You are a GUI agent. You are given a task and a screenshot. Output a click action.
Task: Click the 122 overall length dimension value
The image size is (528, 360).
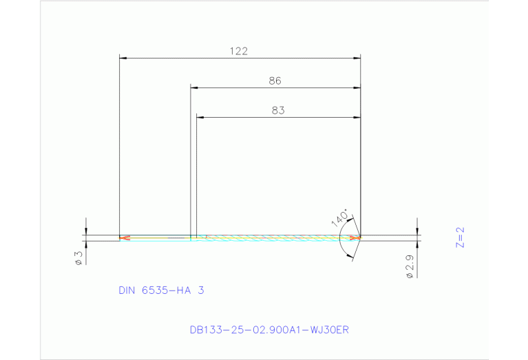[240, 51]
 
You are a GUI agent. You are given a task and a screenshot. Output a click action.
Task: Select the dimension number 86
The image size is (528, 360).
[275, 81]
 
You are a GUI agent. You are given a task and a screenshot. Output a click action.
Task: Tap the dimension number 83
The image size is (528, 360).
[278, 109]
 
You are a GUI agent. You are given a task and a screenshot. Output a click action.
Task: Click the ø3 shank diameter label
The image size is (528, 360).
[78, 257]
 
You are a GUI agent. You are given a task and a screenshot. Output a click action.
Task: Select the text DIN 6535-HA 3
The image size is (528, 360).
[161, 290]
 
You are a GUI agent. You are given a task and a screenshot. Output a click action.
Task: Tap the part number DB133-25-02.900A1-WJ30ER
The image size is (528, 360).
[270, 330]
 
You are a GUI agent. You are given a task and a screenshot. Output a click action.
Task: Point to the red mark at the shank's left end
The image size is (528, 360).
[124, 238]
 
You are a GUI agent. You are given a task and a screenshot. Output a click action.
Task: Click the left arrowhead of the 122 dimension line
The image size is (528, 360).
[123, 58]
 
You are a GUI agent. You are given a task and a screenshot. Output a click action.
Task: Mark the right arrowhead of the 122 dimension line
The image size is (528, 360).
[357, 58]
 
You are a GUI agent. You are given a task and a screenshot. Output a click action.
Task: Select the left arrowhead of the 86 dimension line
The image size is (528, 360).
[194, 87]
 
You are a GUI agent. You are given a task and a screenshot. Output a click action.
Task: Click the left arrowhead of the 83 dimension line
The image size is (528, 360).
[200, 117]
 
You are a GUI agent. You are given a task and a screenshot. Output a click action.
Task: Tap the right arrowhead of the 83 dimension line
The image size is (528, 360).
[357, 117]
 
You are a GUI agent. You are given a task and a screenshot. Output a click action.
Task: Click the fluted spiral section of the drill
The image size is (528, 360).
[275, 238]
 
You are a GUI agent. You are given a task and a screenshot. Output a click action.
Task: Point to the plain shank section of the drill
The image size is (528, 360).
[158, 238]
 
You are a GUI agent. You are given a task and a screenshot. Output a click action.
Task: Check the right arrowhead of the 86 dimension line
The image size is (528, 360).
[357, 87]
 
